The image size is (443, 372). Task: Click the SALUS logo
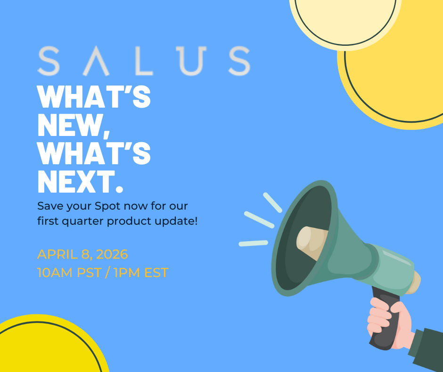pyautogui.click(x=144, y=61)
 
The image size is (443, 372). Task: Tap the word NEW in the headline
pyautogui.click(x=71, y=126)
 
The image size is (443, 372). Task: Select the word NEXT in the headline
pyautogui.click(x=76, y=181)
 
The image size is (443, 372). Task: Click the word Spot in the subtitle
pyautogui.click(x=107, y=206)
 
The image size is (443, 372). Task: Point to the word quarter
pyautogui.click(x=83, y=221)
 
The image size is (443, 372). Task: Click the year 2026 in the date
pyautogui.click(x=112, y=254)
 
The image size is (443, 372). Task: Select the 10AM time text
pyautogui.click(x=55, y=273)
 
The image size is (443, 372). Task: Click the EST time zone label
pyautogui.click(x=156, y=273)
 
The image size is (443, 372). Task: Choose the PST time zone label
pyautogui.click(x=89, y=273)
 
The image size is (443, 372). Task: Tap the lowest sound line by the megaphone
pyautogui.click(x=253, y=243)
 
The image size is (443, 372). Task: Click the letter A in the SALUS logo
pyautogui.click(x=96, y=61)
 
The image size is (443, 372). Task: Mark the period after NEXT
pyautogui.click(x=120, y=189)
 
